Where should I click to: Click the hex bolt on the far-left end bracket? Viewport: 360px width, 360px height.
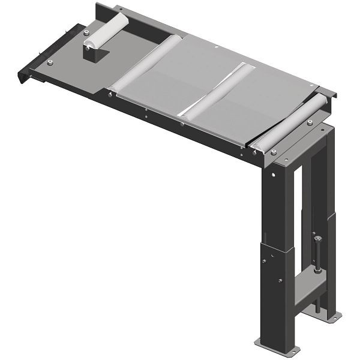coord(49,62)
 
